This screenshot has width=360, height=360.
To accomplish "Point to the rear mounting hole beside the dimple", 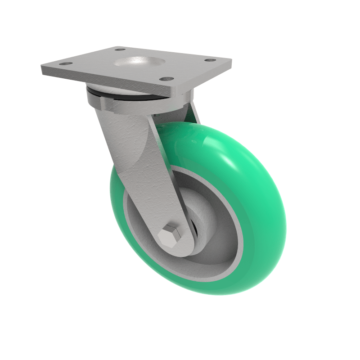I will click(x=119, y=49).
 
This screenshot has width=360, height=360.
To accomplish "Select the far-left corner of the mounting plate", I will click(x=42, y=67).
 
